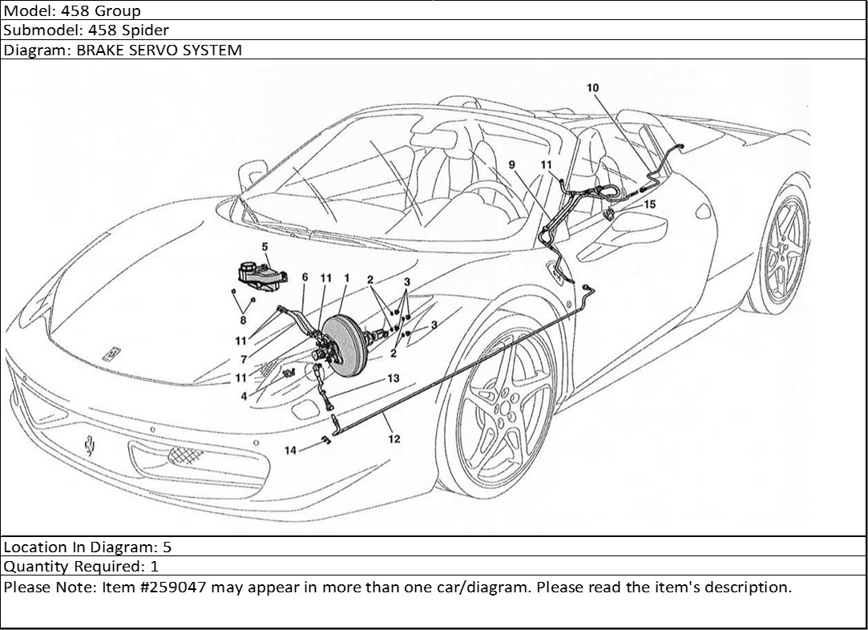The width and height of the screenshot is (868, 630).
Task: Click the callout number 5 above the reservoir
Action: coord(264,246)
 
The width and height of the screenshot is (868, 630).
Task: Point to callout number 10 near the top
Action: coord(592,87)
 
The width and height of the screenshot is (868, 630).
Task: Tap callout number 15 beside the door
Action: coord(649,204)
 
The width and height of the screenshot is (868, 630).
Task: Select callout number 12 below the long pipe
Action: coord(394,438)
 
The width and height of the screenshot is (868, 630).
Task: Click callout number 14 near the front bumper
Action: coord(290,450)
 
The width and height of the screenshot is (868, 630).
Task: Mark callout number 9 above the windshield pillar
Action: coord(512,164)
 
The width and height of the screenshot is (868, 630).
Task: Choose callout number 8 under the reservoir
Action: coord(243,320)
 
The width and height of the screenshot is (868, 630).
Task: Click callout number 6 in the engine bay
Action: coord(305,277)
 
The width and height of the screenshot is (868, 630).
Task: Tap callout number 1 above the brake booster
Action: coord(346,277)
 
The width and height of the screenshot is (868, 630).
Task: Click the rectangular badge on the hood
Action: coord(111,352)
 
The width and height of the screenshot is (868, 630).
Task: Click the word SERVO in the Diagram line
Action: coord(155,50)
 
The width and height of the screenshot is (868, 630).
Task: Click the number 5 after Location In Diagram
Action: coord(167,547)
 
